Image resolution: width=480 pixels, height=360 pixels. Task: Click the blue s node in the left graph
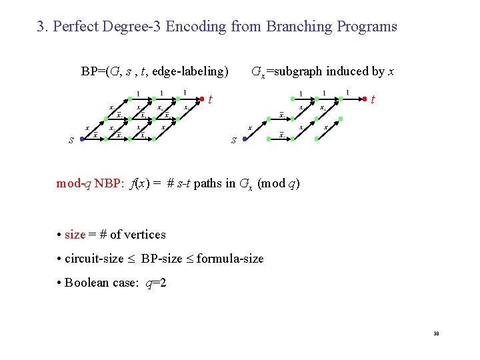click(x=81, y=139)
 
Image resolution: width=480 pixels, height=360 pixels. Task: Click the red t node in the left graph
click(x=202, y=99)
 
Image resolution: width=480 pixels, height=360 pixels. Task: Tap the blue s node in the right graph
click(x=245, y=139)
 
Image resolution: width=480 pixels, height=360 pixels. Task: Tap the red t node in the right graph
click(x=365, y=99)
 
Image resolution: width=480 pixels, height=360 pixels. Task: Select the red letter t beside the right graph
click(x=373, y=101)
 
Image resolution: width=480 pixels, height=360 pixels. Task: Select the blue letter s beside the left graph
click(x=71, y=140)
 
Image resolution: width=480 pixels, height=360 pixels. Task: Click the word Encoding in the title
click(x=197, y=27)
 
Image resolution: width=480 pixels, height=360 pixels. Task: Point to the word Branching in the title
click(x=300, y=27)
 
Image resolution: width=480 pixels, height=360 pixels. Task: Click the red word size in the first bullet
click(x=75, y=235)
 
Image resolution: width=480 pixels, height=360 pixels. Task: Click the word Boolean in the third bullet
click(x=87, y=283)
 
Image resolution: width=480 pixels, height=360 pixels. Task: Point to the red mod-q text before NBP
click(x=73, y=184)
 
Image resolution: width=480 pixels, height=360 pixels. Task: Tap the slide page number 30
click(x=436, y=333)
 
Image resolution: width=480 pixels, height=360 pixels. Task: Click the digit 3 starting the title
click(x=41, y=27)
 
